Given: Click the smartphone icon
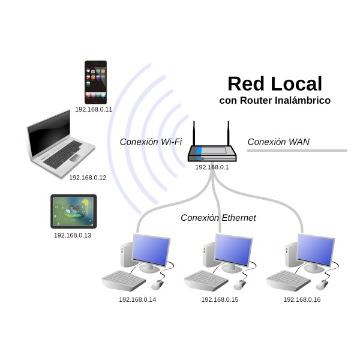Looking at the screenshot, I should tap(95, 82).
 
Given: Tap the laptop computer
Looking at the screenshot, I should tap(61, 145).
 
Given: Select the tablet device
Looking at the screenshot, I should tap(73, 211).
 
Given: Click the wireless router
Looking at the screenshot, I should tap(212, 152).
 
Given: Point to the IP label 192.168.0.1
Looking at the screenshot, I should tap(212, 167).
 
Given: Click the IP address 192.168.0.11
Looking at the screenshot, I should tap(94, 110).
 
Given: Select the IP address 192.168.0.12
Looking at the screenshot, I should tap(88, 178).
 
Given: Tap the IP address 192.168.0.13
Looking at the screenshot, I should tap(73, 235).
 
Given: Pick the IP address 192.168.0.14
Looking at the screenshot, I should tap(137, 299).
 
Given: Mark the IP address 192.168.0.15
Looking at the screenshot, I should tap(220, 299).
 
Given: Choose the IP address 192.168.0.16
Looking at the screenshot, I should tap(302, 299).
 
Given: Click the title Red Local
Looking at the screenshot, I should tap(275, 83).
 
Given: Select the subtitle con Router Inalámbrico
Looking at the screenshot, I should tap(275, 101).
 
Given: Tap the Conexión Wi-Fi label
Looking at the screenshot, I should tap(151, 142).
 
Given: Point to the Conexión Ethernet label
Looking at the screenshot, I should tap(218, 218).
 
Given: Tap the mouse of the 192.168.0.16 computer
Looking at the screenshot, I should tap(323, 285).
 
